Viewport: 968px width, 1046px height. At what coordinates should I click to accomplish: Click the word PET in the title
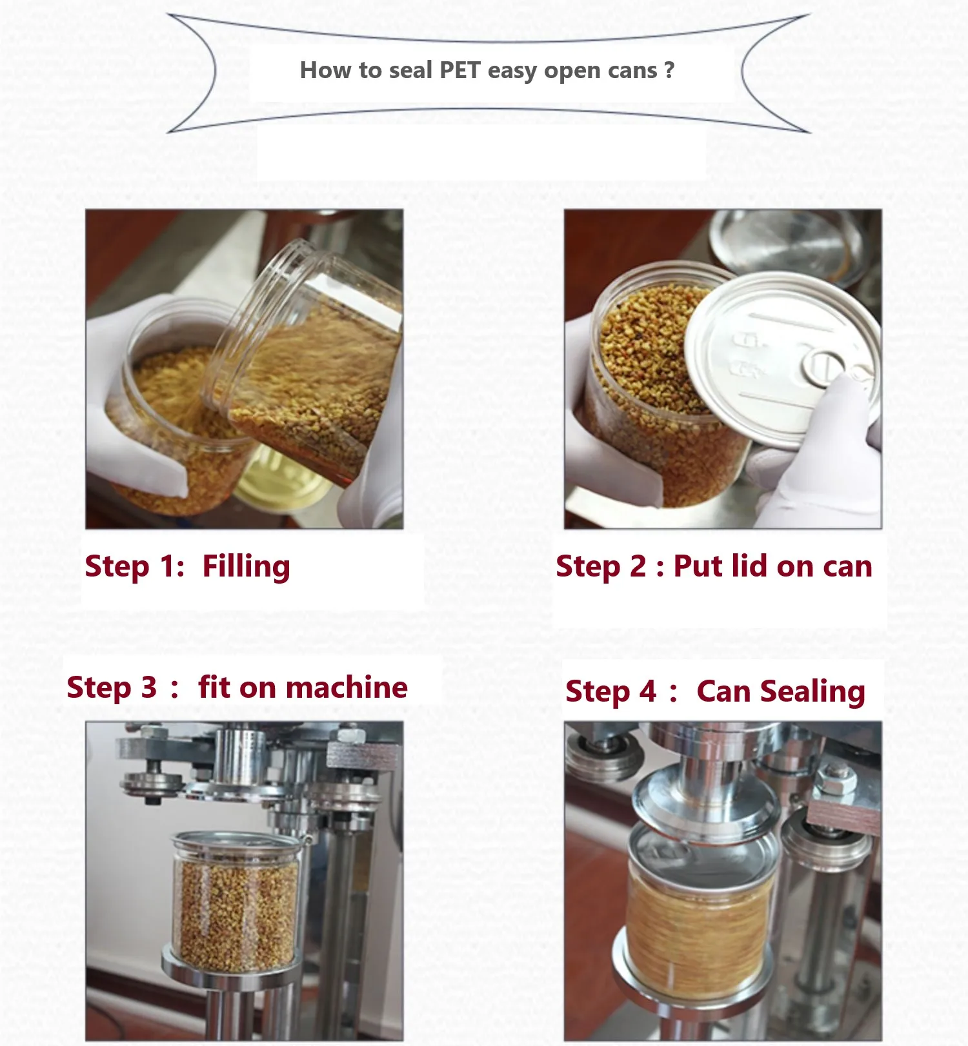coord(460,70)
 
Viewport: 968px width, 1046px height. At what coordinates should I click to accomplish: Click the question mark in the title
coord(669,69)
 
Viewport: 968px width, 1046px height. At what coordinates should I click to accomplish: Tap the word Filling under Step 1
coord(246,567)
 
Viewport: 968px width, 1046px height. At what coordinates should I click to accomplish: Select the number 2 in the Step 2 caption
coord(638,566)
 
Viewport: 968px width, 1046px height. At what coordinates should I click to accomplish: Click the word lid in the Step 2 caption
coord(749,566)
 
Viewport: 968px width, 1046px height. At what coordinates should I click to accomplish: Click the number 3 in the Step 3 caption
coord(149,687)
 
